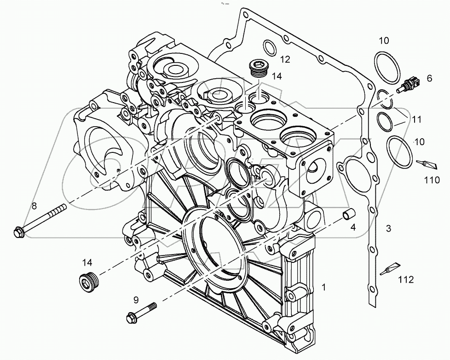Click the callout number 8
coord(35,205)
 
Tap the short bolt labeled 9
coord(140,312)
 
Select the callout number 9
coord(136,300)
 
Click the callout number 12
coord(285,59)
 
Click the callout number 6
coord(429,79)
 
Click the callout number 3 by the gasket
coord(388,228)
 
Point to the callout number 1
coord(324,288)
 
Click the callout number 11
coord(417,120)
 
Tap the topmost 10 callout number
coord(384,41)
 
